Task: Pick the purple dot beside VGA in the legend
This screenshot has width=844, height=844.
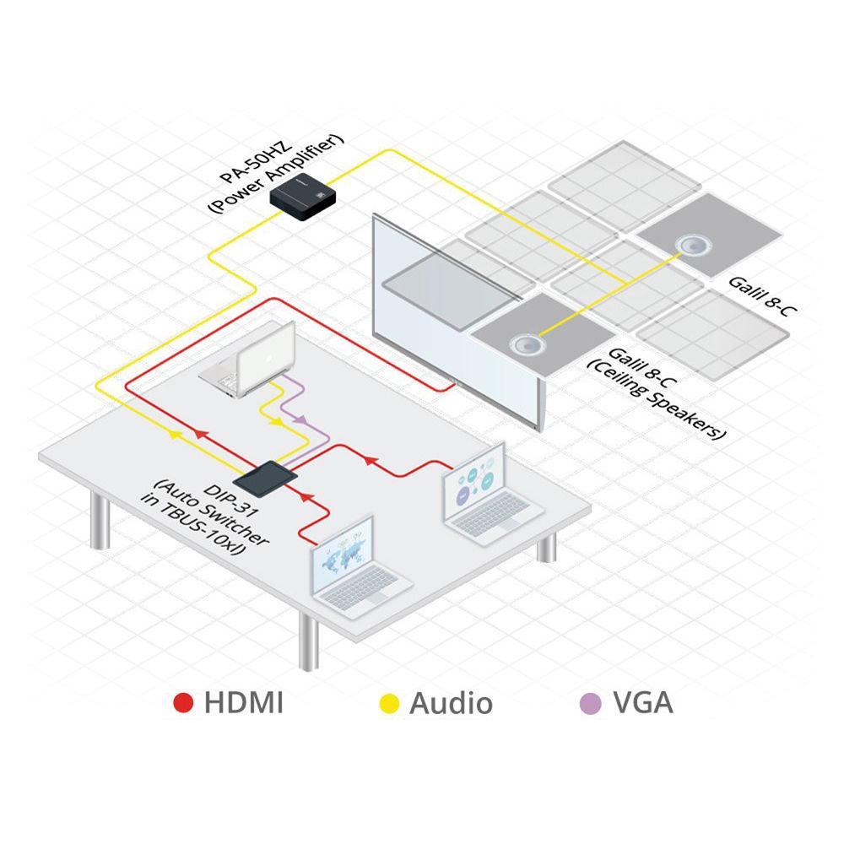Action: [x=593, y=702]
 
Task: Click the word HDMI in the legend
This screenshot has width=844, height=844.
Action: [x=243, y=702]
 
